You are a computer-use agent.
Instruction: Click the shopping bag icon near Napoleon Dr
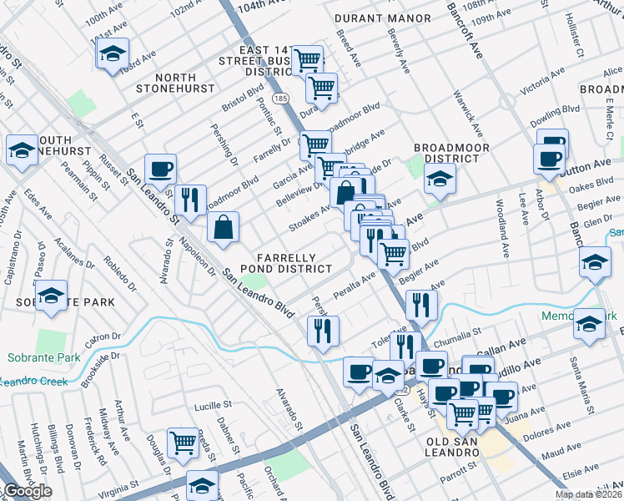[224, 228]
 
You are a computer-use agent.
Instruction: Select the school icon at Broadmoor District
[440, 178]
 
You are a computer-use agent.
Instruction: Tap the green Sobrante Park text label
[43, 358]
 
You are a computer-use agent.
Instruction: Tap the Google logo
[28, 492]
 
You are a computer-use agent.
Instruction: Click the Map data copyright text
[587, 494]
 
